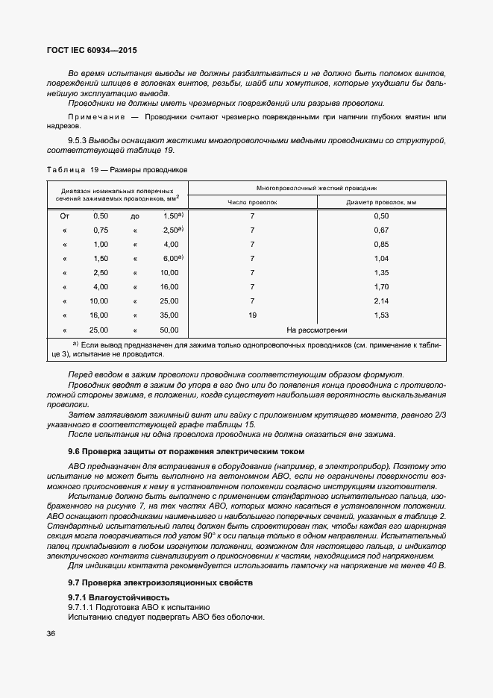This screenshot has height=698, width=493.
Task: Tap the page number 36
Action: click(x=51, y=634)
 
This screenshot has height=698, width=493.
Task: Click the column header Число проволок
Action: click(x=252, y=201)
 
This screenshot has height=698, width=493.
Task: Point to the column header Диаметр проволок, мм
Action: click(x=380, y=201)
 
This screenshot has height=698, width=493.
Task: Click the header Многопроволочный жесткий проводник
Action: click(x=316, y=188)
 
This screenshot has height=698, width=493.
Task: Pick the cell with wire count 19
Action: click(x=252, y=315)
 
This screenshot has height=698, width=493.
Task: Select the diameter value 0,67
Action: click(x=380, y=230)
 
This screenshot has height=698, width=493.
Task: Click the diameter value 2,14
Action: click(x=380, y=301)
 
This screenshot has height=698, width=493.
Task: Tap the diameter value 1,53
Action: click(x=380, y=315)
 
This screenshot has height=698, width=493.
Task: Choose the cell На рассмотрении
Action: click(x=316, y=330)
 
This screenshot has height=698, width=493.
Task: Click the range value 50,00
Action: click(x=169, y=330)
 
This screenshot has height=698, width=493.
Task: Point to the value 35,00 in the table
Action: click(x=169, y=315)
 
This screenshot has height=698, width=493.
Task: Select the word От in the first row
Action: click(x=64, y=216)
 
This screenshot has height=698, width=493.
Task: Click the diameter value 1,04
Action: click(x=380, y=258)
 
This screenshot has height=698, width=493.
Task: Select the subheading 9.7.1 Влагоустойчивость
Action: click(x=119, y=597)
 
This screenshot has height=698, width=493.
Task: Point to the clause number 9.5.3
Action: click(x=78, y=140)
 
